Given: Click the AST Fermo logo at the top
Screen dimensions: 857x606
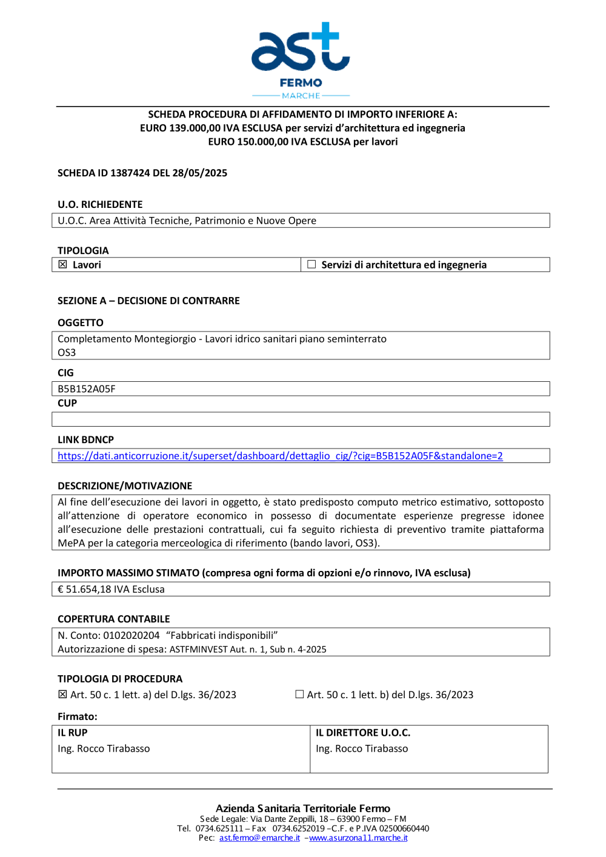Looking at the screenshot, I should point(301,59).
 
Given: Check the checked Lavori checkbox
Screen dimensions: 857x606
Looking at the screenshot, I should point(62,264).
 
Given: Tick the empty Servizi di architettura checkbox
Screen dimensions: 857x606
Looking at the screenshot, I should point(311,264).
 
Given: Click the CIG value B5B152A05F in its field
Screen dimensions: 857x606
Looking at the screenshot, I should point(87,388).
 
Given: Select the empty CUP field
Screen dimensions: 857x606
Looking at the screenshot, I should point(301,419).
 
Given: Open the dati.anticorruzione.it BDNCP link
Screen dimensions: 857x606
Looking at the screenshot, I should point(280,456).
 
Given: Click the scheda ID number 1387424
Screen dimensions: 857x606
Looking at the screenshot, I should point(130,173).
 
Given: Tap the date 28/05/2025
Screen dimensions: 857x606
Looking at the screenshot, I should point(199,173).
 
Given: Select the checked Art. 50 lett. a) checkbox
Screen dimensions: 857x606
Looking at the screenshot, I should point(62,695).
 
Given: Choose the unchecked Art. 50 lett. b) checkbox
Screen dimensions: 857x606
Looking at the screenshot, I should point(299,695).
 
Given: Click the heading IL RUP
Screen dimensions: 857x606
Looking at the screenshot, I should point(73,733).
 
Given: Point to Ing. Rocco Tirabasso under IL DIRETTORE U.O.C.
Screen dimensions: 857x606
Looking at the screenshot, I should point(362,749).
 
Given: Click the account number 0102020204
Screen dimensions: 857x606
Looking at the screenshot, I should point(132,635).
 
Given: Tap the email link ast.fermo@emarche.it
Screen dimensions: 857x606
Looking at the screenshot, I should point(259,838).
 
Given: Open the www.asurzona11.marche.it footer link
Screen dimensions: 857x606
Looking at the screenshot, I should point(358,838).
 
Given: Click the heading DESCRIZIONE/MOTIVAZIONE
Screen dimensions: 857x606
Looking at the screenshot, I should point(125,486).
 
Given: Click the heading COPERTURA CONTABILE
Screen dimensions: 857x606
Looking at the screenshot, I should point(114,619).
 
